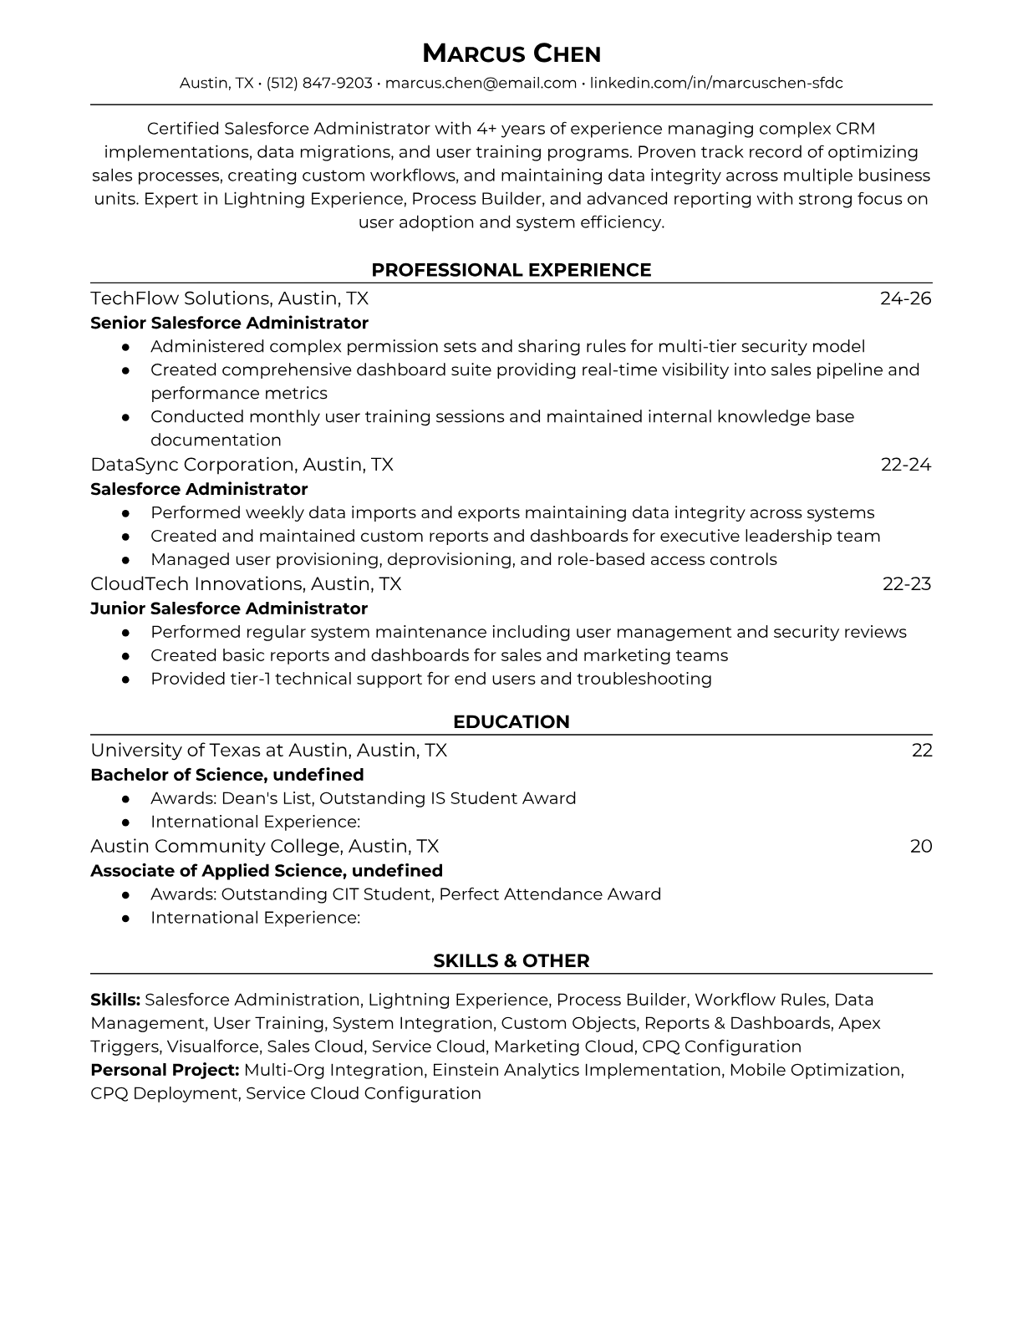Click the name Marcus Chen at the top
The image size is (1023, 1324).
click(511, 54)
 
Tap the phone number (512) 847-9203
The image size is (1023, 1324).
click(319, 83)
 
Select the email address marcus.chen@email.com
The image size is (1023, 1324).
click(481, 83)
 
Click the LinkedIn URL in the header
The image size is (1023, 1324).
click(716, 83)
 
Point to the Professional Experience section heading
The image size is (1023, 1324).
click(511, 270)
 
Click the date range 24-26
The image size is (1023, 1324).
click(905, 298)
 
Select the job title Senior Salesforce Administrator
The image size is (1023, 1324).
click(229, 323)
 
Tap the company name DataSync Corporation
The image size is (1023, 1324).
click(193, 464)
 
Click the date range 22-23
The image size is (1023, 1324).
click(906, 583)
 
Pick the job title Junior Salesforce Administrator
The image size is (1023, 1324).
click(229, 609)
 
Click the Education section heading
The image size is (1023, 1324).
click(511, 722)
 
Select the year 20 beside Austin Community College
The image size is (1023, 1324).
click(920, 846)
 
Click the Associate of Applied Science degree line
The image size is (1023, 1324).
click(266, 870)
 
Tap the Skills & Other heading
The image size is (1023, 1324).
click(511, 961)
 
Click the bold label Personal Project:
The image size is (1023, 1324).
click(165, 1070)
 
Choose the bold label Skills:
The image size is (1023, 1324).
click(115, 1000)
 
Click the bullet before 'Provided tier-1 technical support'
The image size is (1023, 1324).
click(125, 680)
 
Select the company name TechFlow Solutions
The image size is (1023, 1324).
click(180, 298)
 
